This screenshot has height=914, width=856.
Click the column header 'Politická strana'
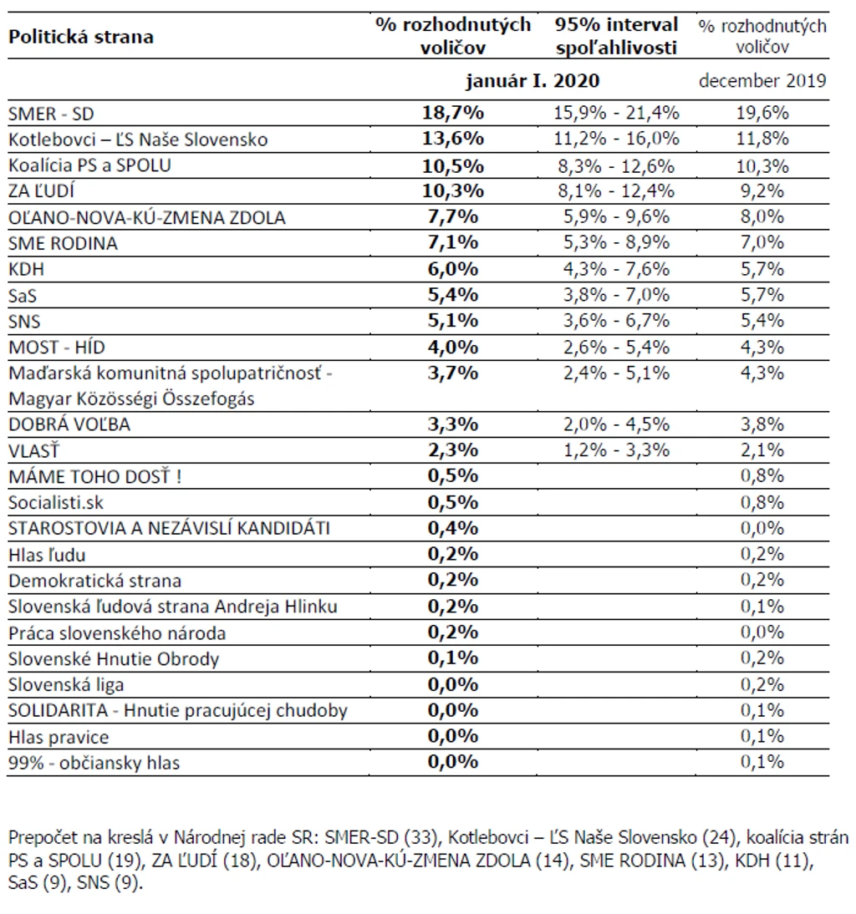click(x=81, y=37)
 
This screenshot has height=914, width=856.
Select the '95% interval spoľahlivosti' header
click(x=616, y=36)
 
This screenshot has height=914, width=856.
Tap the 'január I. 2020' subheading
click(x=532, y=80)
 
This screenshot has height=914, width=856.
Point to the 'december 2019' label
click(x=762, y=80)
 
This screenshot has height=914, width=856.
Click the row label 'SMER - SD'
click(x=51, y=114)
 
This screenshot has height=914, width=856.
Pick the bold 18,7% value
click(x=453, y=113)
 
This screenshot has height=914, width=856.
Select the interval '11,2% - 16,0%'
click(x=616, y=139)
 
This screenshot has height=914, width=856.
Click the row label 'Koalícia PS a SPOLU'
click(x=89, y=165)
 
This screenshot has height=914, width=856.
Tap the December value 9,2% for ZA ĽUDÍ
click(x=762, y=191)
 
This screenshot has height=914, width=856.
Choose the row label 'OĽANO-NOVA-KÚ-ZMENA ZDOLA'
click(x=147, y=217)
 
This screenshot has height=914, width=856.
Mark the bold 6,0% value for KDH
click(x=453, y=269)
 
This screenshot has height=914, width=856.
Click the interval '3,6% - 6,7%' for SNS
click(x=616, y=321)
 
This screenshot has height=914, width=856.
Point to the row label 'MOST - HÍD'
click(x=57, y=348)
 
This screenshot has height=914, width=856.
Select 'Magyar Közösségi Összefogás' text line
click(x=131, y=399)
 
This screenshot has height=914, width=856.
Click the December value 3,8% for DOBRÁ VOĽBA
click(x=762, y=424)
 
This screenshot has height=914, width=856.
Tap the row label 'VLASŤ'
click(x=33, y=450)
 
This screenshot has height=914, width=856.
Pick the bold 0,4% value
click(x=453, y=528)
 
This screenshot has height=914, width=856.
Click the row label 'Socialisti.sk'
click(x=56, y=502)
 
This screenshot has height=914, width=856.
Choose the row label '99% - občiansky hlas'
click(x=94, y=763)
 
